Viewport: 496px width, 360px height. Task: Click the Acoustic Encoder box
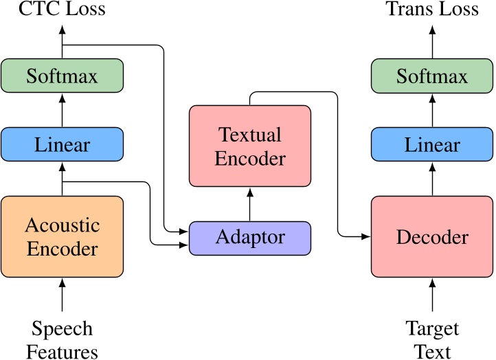click(x=62, y=237)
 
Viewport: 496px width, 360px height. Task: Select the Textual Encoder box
click(x=249, y=146)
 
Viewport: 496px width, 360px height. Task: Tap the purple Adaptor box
click(x=249, y=238)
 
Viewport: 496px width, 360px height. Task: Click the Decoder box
click(x=432, y=237)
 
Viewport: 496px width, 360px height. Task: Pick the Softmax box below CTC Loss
click(x=62, y=76)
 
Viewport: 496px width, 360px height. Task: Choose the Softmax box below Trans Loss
click(x=432, y=76)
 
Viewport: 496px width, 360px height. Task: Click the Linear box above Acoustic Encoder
click(x=62, y=145)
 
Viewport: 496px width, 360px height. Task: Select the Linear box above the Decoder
click(x=432, y=145)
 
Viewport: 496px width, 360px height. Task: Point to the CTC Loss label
click(x=62, y=10)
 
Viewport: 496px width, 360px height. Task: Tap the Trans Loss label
click(x=432, y=10)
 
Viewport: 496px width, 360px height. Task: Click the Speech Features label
click(x=62, y=340)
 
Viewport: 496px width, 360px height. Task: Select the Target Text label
click(x=432, y=340)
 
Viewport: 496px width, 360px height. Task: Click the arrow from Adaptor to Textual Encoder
click(x=249, y=204)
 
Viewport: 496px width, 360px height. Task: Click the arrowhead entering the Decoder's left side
click(x=366, y=237)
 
